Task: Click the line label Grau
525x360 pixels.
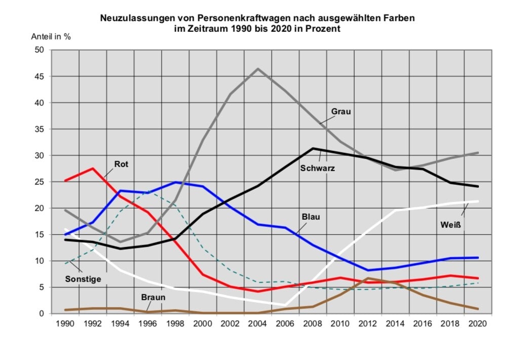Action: [x=341, y=111]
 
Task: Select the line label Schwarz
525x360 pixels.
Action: [x=318, y=168]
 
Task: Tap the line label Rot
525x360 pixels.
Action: [x=121, y=164]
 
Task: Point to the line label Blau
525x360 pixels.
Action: [x=312, y=217]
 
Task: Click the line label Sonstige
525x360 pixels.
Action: [x=83, y=278]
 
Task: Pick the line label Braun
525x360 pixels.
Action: [x=154, y=297]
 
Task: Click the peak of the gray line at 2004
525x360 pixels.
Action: [x=258, y=69]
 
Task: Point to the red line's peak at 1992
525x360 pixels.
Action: [x=93, y=169]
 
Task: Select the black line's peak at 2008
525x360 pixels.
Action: [x=313, y=148]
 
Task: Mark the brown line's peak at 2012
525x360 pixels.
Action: [x=368, y=278]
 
